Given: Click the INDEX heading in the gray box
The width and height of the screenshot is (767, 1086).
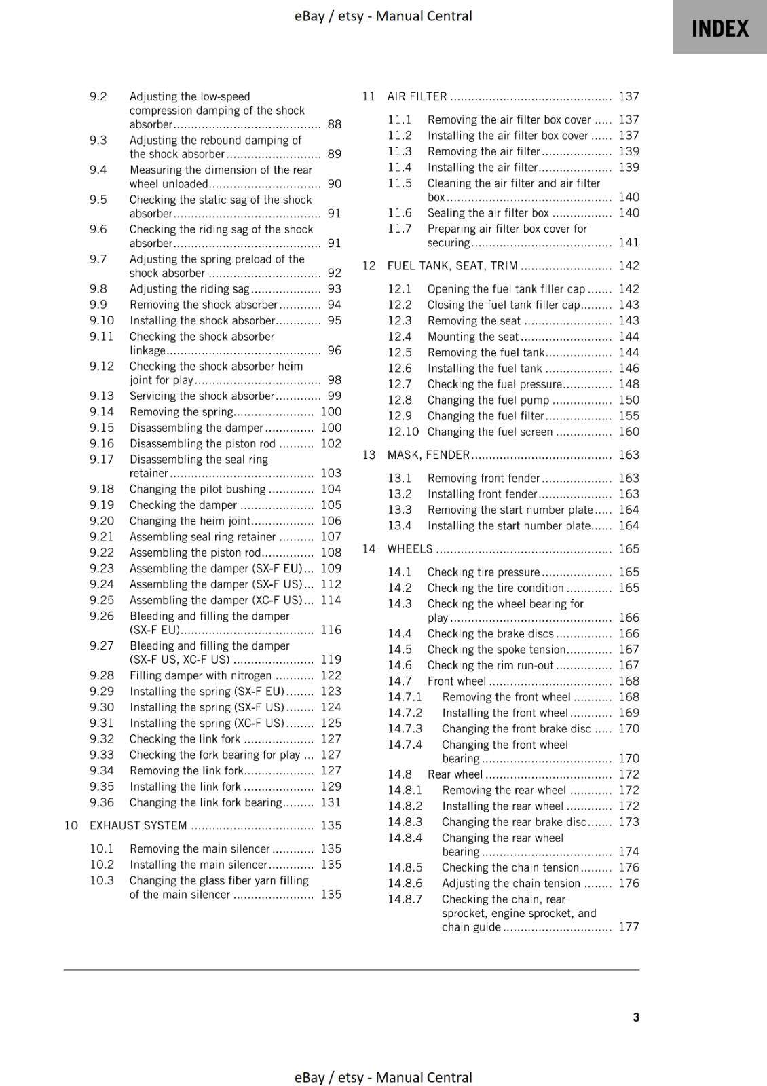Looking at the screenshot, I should [x=719, y=29].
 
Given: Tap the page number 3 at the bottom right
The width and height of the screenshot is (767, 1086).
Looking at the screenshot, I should [x=636, y=1017].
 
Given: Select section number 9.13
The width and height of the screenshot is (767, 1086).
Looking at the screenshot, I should [x=102, y=396].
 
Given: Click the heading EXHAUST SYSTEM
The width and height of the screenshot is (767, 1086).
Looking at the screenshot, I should [x=138, y=825].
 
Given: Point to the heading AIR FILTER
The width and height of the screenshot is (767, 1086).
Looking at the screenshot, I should [x=417, y=96].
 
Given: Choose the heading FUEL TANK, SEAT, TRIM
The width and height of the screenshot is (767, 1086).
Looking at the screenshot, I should [x=452, y=265].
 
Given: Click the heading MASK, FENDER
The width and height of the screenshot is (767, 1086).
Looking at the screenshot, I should [x=428, y=455].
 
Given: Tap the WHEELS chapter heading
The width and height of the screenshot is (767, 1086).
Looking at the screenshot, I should [x=409, y=548].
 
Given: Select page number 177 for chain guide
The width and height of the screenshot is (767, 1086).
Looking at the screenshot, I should [x=629, y=926].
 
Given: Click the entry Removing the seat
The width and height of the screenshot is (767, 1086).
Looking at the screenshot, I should [x=474, y=320].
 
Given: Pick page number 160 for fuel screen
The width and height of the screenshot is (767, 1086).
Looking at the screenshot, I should [x=629, y=432].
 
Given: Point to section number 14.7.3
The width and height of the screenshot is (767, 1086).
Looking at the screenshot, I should [x=405, y=728].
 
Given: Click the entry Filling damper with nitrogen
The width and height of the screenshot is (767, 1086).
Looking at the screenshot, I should [x=200, y=675].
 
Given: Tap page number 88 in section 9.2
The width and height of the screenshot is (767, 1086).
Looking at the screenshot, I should [x=334, y=124].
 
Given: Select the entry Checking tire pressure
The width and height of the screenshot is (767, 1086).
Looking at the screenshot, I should [x=483, y=572].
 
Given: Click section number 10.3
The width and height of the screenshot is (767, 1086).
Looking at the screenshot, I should [x=102, y=880].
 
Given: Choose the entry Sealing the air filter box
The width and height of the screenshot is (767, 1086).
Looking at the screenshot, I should [x=488, y=212].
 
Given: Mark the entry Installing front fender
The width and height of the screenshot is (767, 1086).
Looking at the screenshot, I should [x=482, y=494].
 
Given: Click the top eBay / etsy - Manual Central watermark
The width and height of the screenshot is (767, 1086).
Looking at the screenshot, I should [x=383, y=16].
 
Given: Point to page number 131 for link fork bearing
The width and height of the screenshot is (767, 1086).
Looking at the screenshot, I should [x=331, y=802].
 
